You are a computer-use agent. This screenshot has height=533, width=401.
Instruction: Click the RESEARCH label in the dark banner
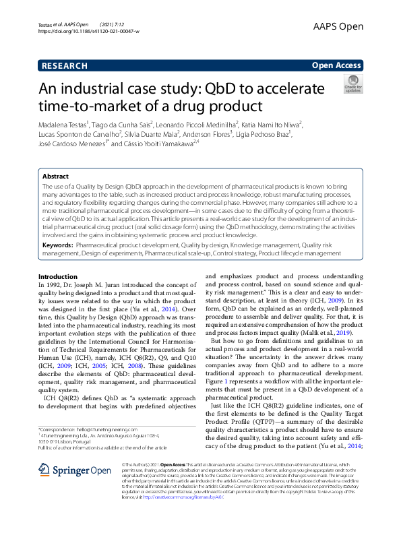pos(64,65)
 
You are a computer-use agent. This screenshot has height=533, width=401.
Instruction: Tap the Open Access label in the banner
pos(337,65)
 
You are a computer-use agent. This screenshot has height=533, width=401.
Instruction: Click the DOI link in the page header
pos(89,32)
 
